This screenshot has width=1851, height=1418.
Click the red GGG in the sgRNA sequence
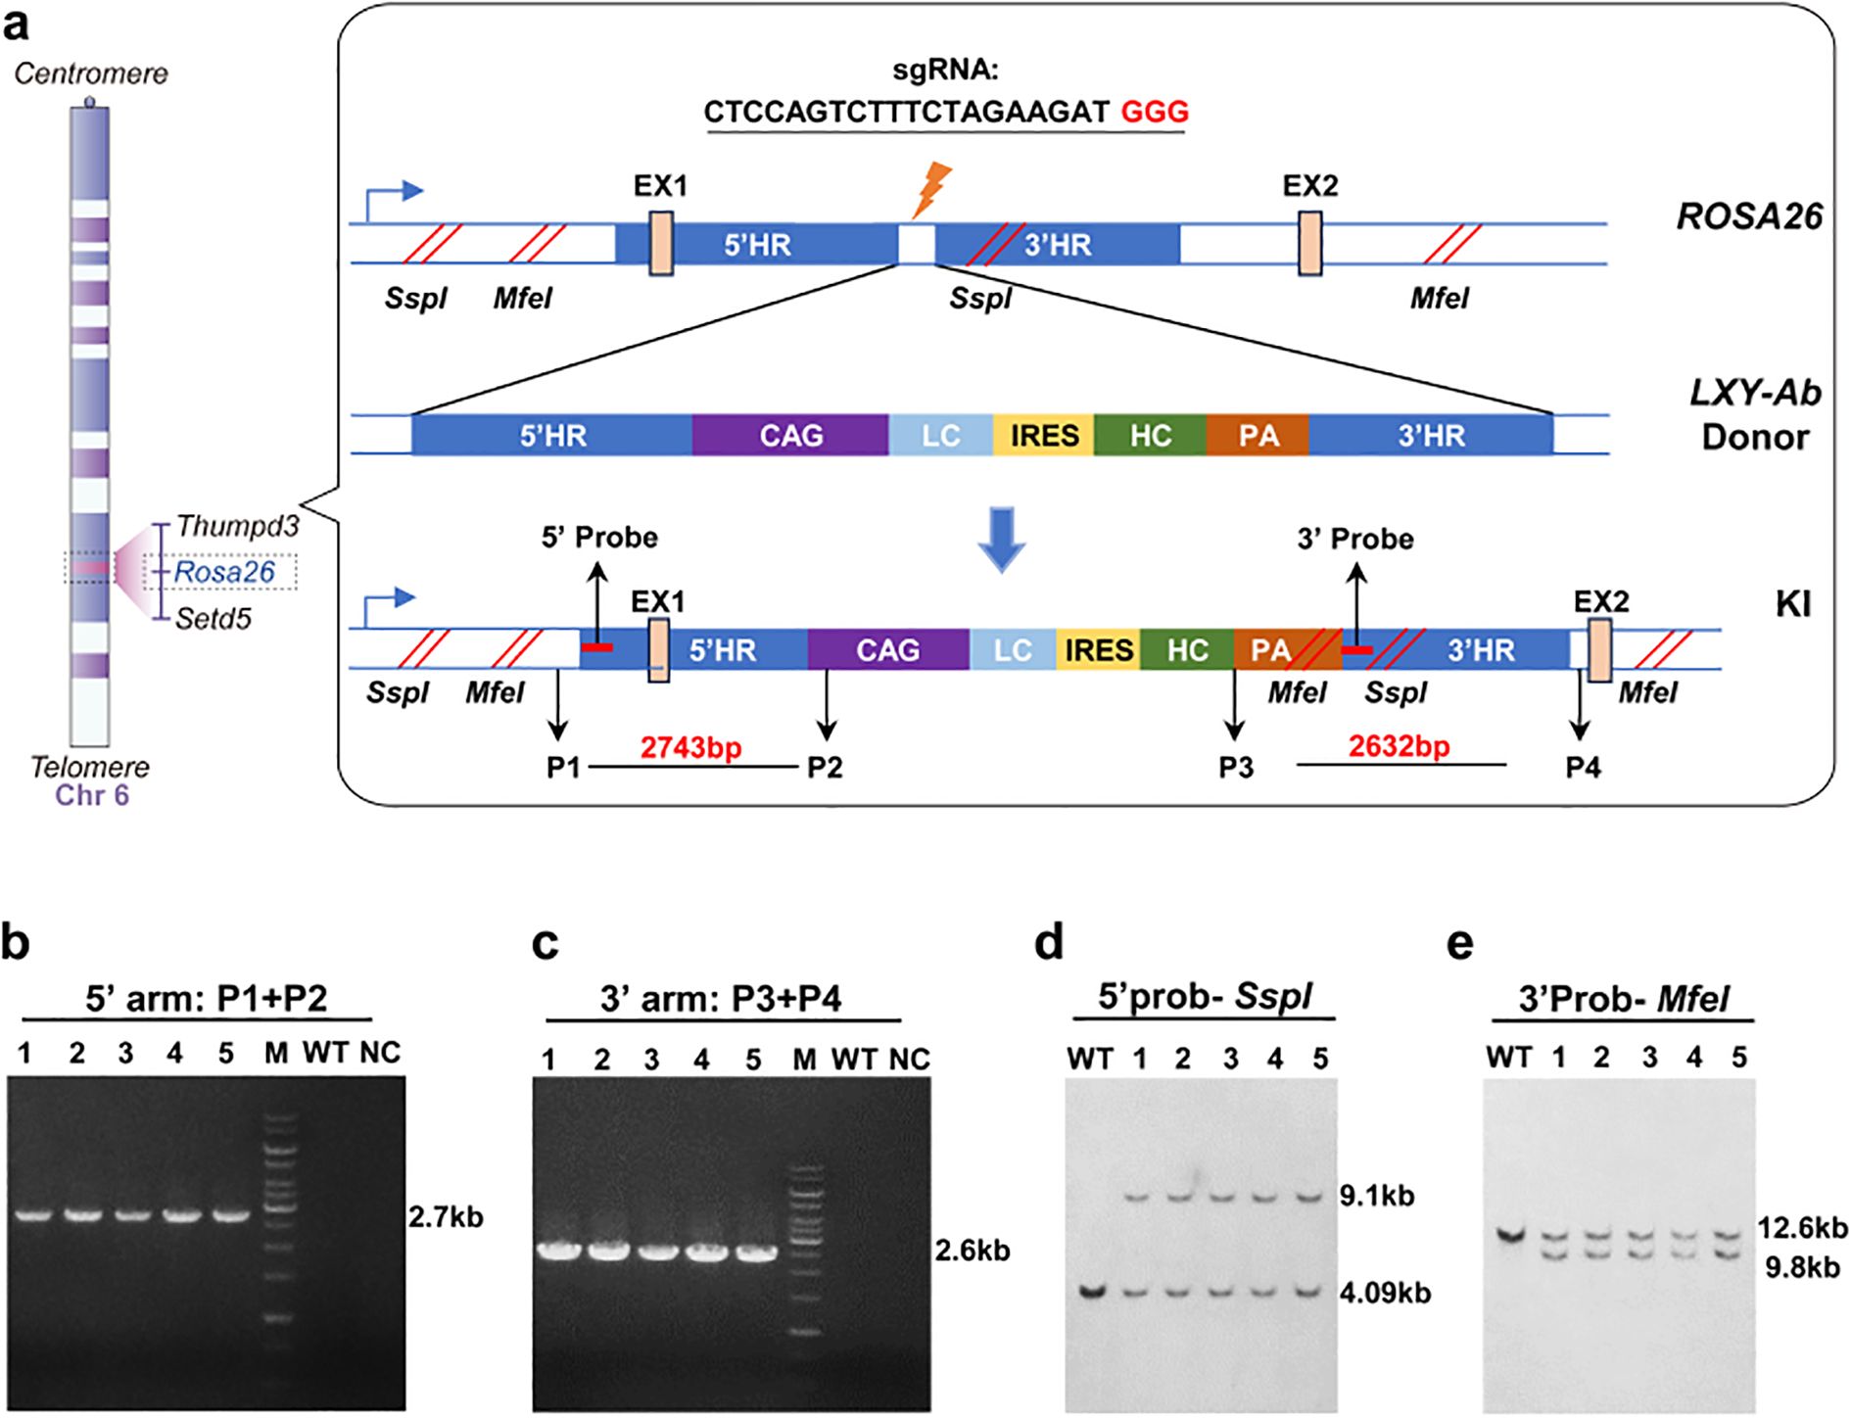tap(1155, 112)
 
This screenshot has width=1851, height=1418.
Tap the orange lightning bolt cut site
tap(930, 190)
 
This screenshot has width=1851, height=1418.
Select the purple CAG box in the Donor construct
tap(790, 436)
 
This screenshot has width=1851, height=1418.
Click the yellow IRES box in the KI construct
tap(1099, 650)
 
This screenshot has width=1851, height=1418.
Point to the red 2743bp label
tap(691, 748)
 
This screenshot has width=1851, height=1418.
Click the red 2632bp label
tap(1399, 747)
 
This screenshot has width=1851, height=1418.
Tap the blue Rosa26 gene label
tap(224, 572)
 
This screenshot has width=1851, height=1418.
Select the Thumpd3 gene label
tap(237, 527)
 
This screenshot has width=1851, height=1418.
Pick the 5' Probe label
tap(599, 538)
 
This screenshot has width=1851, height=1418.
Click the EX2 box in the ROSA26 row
tap(1310, 244)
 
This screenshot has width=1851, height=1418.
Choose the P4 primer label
tap(1583, 768)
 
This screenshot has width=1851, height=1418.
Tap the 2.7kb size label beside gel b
tap(446, 1217)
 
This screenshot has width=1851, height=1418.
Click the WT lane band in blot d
tap(1092, 1292)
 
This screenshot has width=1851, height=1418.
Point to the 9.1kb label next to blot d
tap(1378, 1196)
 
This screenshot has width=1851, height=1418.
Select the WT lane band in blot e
tap(1510, 1236)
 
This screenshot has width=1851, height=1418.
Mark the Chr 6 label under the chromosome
tap(92, 794)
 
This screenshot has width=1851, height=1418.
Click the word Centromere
tap(91, 73)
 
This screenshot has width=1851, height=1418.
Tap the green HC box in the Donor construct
tap(1150, 436)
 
